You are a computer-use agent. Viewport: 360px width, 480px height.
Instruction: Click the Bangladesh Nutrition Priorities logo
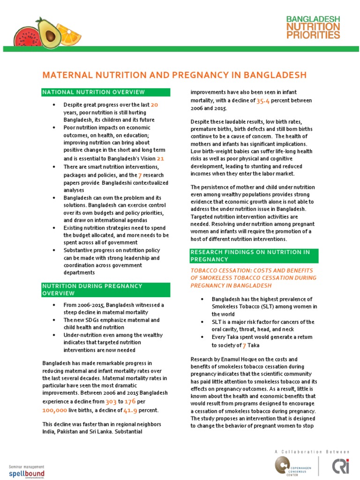coord(313,26)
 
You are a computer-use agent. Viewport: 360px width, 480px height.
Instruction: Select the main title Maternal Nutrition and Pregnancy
coord(174,75)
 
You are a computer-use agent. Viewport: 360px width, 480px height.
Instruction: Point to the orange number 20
coord(155,105)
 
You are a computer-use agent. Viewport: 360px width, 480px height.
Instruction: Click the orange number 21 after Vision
coord(160,158)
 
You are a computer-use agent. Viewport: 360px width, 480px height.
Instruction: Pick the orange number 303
coord(111,401)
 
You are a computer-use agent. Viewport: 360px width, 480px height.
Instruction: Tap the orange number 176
coord(130,401)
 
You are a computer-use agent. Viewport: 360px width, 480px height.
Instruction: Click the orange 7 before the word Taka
coord(244,345)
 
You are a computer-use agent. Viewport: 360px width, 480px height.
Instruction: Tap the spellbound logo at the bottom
coord(27,472)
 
